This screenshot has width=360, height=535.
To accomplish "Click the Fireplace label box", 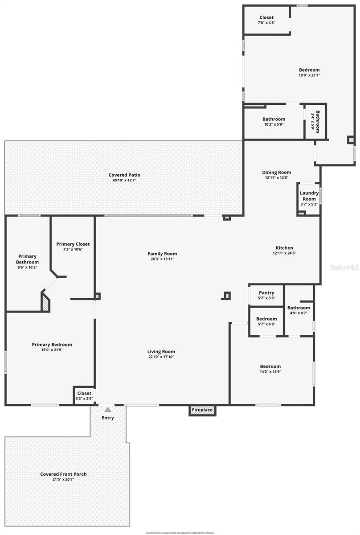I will [202, 410].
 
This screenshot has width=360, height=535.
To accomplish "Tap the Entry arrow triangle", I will [108, 409].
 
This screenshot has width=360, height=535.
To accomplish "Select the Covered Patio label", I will [124, 175].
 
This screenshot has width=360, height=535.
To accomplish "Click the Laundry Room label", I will [309, 196].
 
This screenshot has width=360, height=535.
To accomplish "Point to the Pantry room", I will [266, 295].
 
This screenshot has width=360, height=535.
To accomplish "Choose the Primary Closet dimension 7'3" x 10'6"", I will [73, 249].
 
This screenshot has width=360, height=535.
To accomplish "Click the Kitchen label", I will [284, 248].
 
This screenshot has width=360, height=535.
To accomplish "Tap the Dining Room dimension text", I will [277, 177].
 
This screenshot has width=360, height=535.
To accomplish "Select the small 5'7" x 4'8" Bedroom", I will [266, 321].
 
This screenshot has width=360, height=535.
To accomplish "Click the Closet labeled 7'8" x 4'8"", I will [266, 20].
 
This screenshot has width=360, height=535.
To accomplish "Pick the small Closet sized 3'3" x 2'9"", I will [84, 395].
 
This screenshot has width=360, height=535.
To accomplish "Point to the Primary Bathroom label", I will [27, 259].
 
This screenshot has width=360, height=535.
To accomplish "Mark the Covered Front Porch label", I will [63, 474].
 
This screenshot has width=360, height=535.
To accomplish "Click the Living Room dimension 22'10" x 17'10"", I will [161, 357].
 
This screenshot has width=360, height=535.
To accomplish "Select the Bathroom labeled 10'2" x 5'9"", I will [274, 121].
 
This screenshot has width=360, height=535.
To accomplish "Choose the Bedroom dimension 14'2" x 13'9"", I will [270, 372].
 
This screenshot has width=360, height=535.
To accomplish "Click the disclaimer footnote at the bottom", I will [180, 532].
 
